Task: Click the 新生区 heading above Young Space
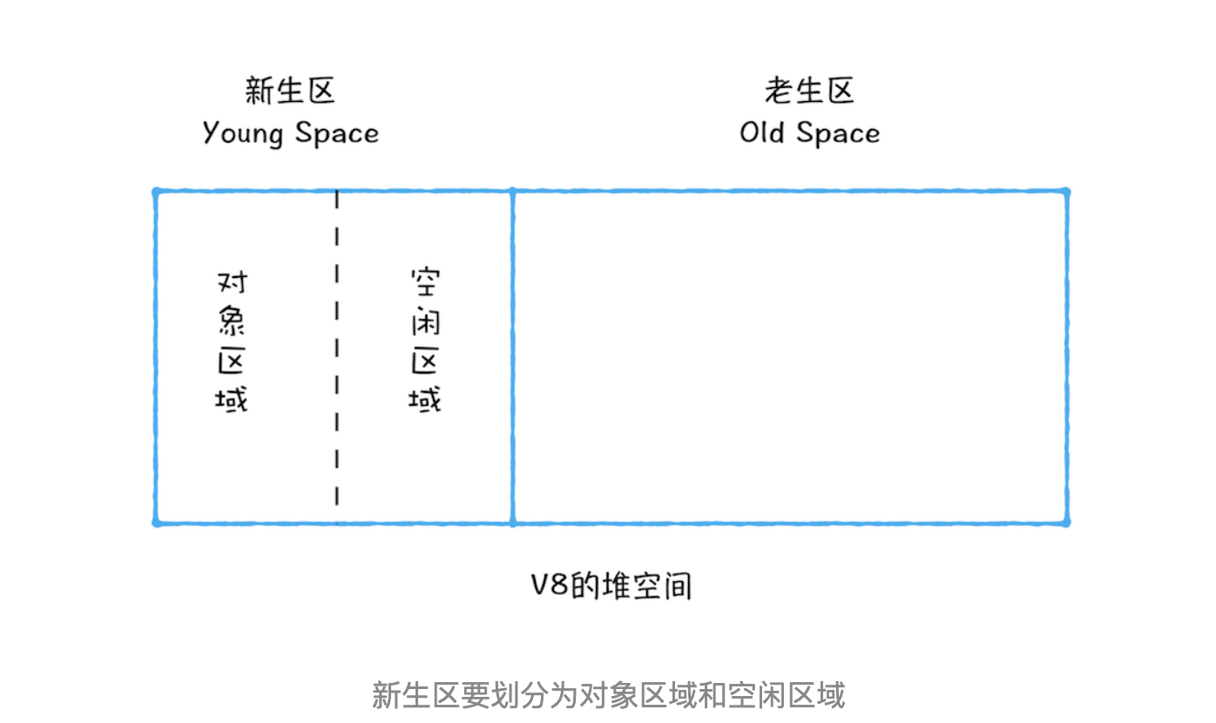coord(289,90)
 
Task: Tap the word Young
coord(243,133)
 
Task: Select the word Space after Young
coord(337,133)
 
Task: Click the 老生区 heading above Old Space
coord(809,90)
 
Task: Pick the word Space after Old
coord(838,133)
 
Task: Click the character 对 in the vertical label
coord(233,283)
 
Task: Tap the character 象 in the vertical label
coord(232,321)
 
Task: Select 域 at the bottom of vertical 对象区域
coord(231,400)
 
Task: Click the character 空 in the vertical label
coord(426,281)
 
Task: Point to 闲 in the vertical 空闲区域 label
coord(426,321)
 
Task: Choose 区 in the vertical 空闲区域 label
coord(424,361)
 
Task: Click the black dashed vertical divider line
coord(336,348)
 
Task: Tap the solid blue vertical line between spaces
coord(512,357)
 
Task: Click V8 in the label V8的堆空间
coord(550,585)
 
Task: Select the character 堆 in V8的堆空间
coord(615,585)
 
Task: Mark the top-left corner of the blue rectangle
coord(156,191)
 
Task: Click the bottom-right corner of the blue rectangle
coord(1067,524)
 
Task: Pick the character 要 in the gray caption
coord(476,695)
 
